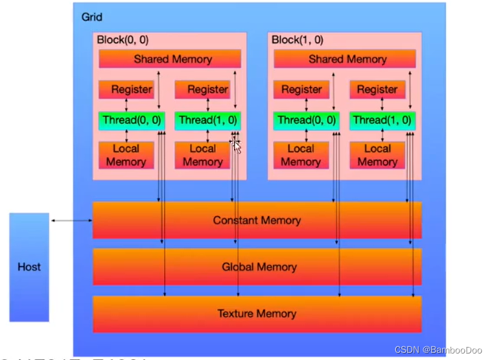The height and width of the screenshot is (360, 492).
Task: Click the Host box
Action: (x=29, y=267)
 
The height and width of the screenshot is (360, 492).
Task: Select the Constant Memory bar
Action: (x=257, y=221)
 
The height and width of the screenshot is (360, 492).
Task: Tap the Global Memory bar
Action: (x=257, y=267)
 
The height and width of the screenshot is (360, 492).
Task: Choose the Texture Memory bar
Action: (x=257, y=314)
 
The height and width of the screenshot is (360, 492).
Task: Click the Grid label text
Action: (x=92, y=17)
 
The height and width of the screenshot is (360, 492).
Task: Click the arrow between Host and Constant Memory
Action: (x=71, y=221)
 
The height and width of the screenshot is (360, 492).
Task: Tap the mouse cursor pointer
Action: (x=237, y=146)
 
